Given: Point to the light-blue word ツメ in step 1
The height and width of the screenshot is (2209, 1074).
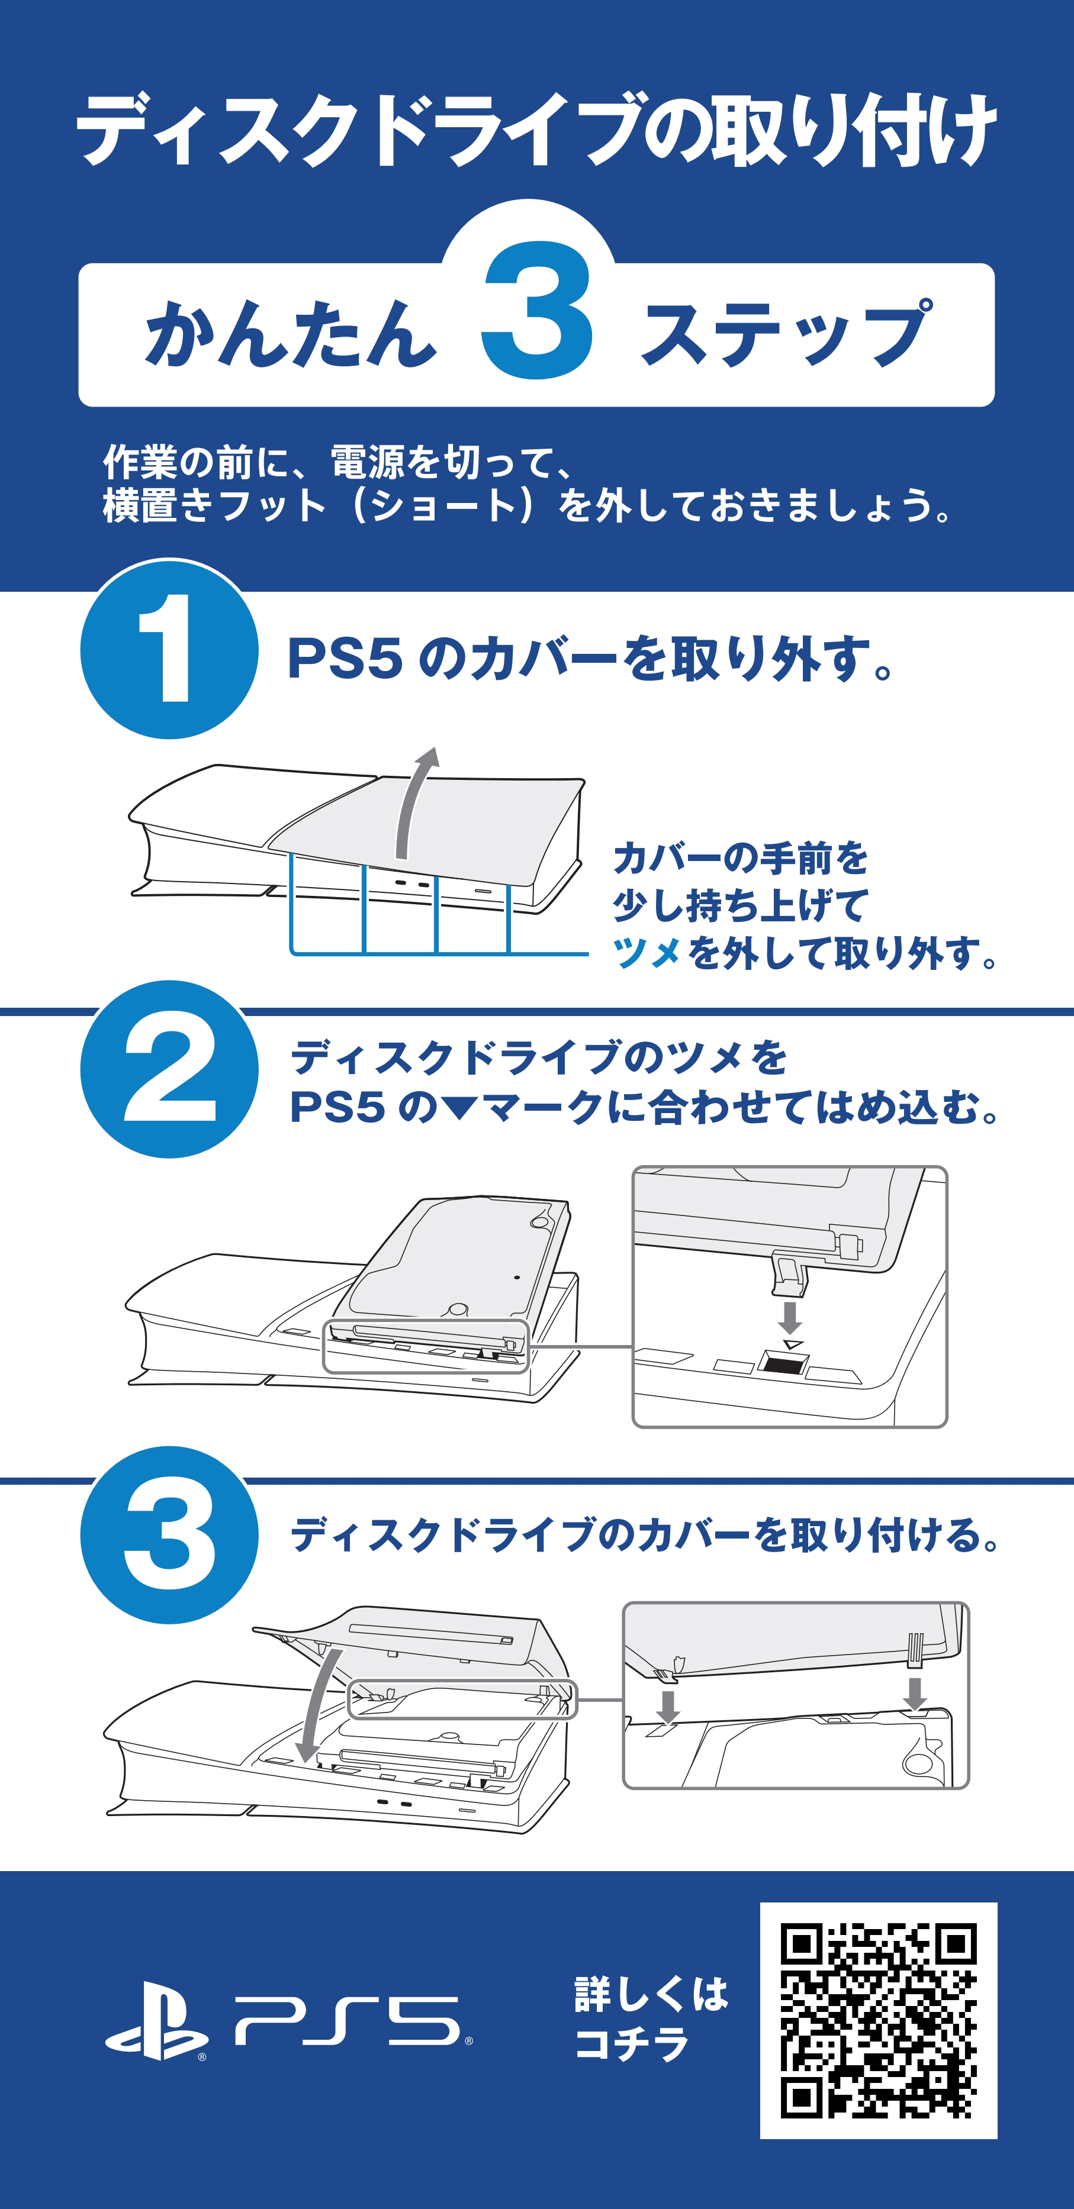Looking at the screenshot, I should (647, 953).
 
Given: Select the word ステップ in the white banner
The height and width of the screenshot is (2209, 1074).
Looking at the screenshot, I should (785, 334).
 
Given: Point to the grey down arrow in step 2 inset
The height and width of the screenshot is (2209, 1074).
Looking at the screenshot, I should (790, 1316).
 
